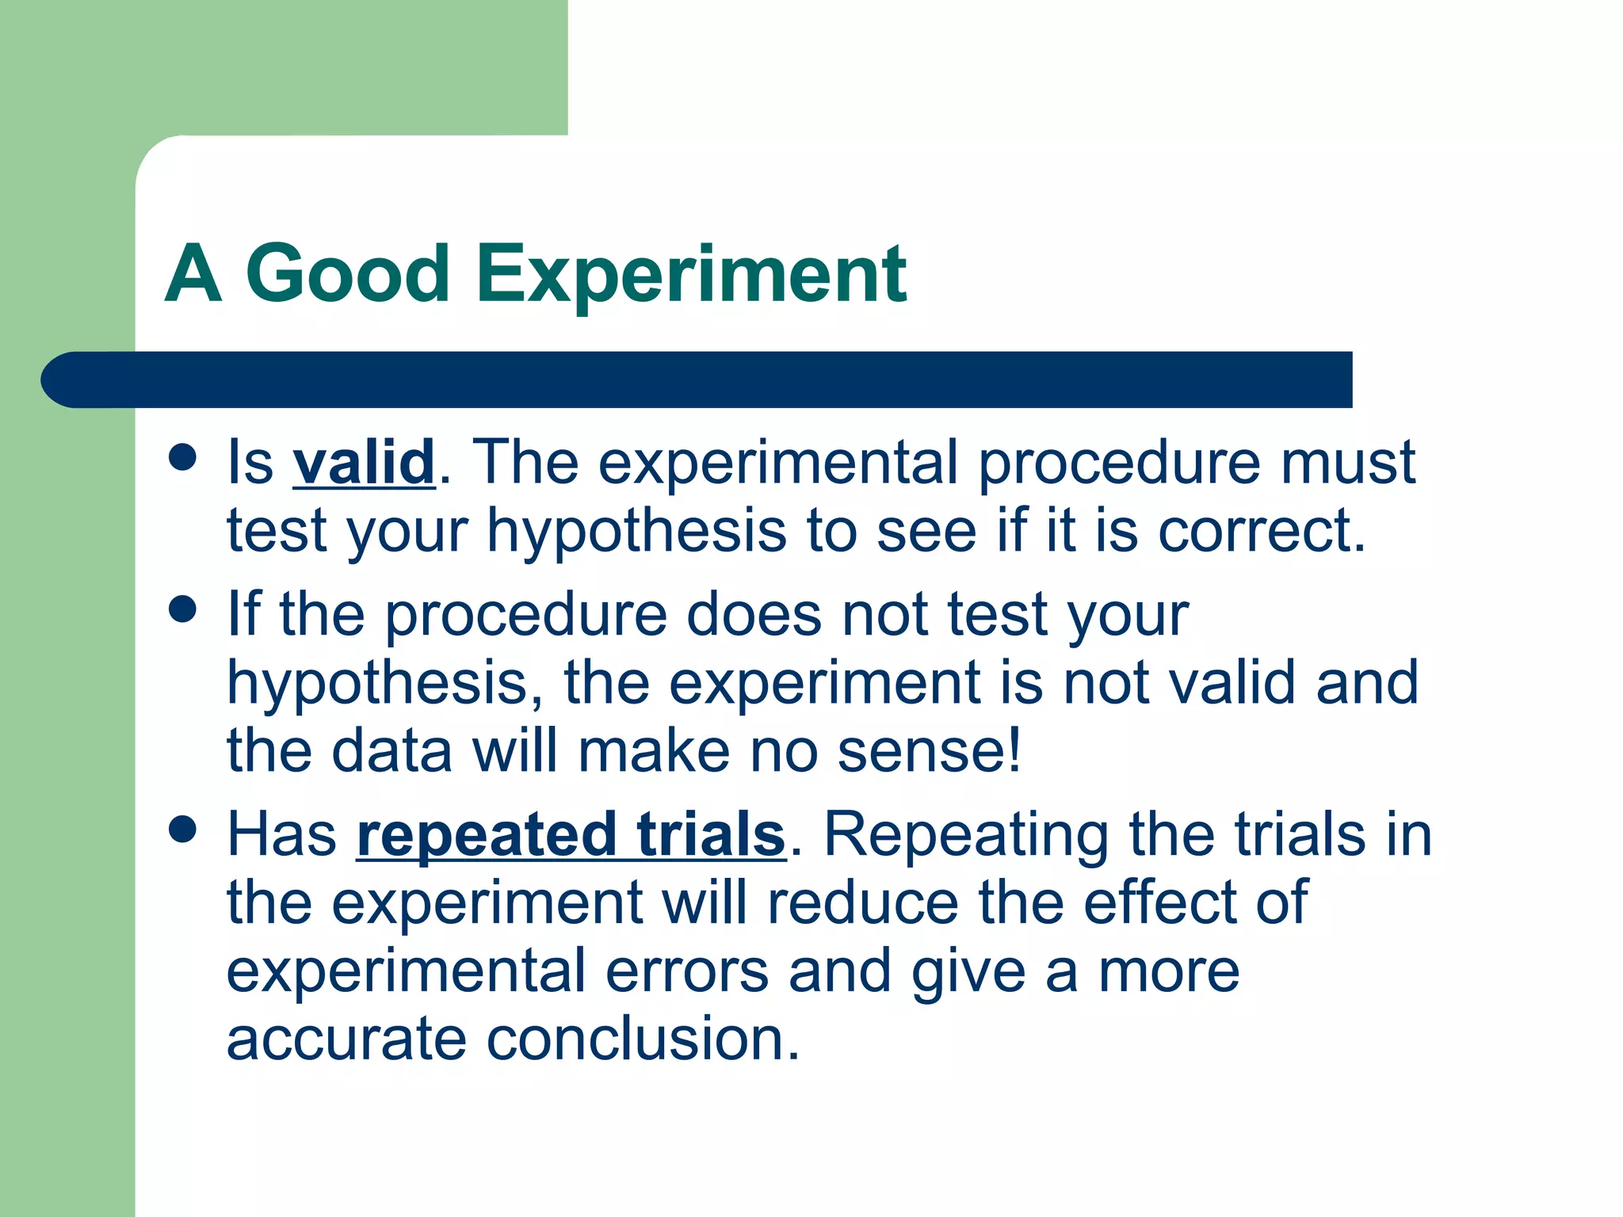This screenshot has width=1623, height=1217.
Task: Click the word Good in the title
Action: coord(348,274)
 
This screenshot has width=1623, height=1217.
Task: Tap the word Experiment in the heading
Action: coord(691,274)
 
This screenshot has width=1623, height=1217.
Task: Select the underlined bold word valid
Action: coord(364,463)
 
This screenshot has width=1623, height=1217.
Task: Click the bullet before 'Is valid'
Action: coord(183,457)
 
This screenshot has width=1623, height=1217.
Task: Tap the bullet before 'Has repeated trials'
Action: coord(183,830)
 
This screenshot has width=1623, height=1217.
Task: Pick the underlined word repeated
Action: coord(486,835)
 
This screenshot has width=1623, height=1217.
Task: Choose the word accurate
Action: coord(346,1040)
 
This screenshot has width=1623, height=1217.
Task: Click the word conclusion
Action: coord(643,1040)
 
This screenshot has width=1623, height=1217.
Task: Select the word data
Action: coord(391,751)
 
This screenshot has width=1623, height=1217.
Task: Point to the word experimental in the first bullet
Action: coord(777,463)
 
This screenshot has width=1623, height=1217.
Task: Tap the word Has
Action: coord(282,835)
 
